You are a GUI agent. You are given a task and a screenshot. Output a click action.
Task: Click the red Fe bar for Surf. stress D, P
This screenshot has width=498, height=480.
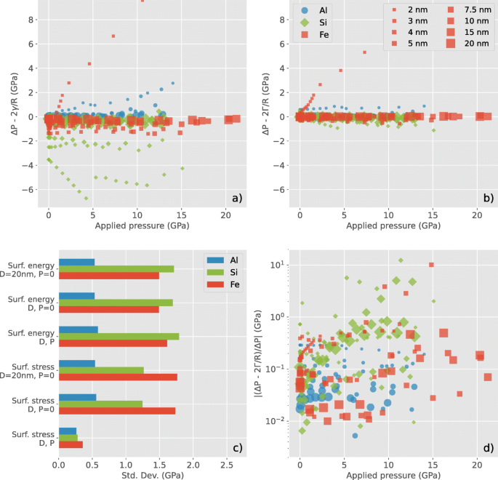71,444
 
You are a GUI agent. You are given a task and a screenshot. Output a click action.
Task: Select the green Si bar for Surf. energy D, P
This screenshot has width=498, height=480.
119,336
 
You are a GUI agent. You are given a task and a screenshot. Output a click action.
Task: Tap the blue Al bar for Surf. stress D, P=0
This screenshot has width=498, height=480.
77,397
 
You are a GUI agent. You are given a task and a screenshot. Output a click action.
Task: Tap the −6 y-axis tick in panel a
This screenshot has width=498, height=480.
28,190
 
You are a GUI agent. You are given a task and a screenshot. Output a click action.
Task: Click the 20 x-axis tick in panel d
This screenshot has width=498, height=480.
476,463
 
